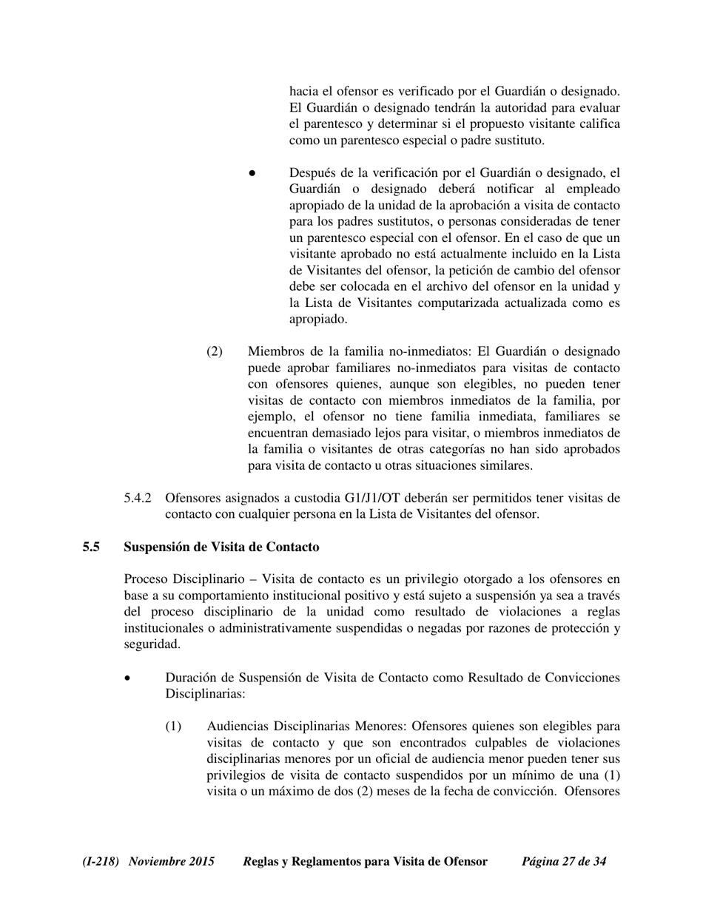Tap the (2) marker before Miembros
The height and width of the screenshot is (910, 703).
pos(214,351)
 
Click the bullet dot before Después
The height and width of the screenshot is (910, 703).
pos(252,173)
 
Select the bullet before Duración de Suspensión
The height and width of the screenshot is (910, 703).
pos(129,678)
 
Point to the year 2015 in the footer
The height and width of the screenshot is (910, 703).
pos(201,861)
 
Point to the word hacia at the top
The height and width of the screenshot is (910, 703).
pos(303,92)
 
